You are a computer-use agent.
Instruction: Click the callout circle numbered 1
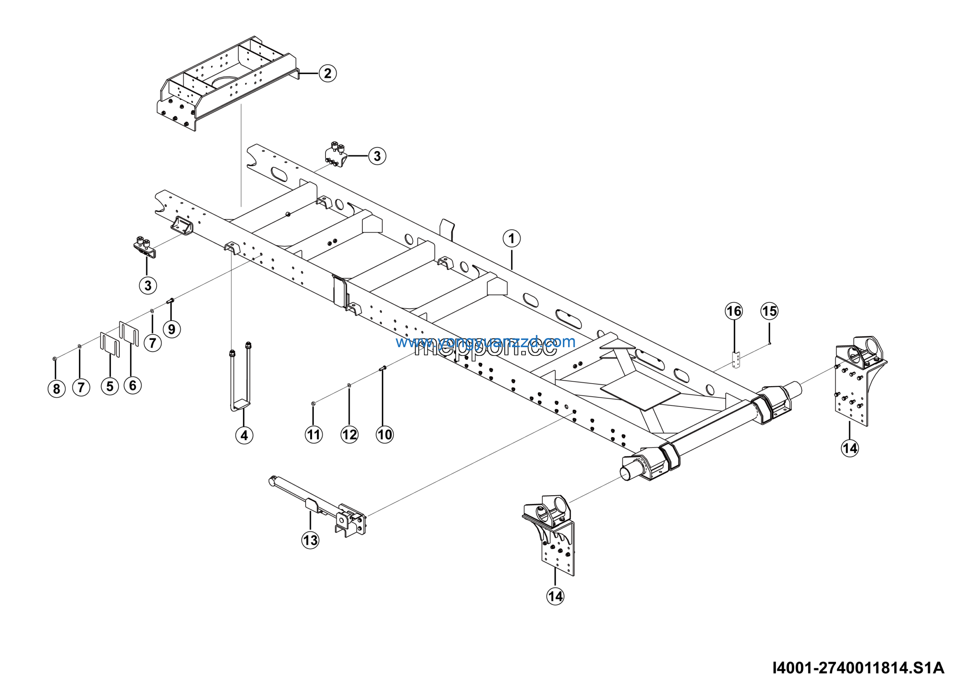click(x=511, y=239)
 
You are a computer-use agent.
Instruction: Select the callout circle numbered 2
click(x=328, y=73)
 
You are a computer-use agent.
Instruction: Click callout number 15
click(x=769, y=311)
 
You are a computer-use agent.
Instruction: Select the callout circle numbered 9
click(x=172, y=329)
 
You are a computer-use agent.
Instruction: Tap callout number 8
click(x=57, y=389)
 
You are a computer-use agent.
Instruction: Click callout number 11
click(x=313, y=434)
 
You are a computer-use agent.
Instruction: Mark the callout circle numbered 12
click(x=349, y=434)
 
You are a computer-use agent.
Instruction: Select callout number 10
click(x=385, y=434)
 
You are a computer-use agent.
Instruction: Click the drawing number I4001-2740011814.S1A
click(x=858, y=668)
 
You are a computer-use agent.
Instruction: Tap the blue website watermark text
click(x=485, y=341)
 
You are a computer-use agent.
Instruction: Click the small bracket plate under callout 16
click(x=736, y=360)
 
